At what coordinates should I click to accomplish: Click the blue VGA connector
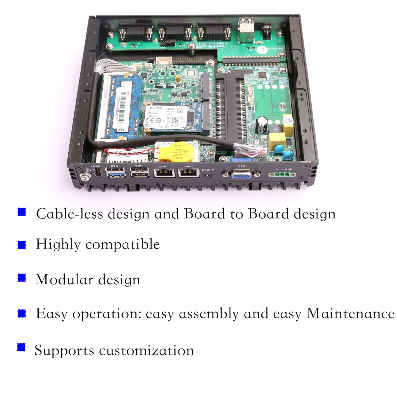click(x=241, y=175)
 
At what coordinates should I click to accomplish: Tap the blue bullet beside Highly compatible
click(x=22, y=245)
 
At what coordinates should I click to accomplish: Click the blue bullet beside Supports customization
click(x=21, y=347)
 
